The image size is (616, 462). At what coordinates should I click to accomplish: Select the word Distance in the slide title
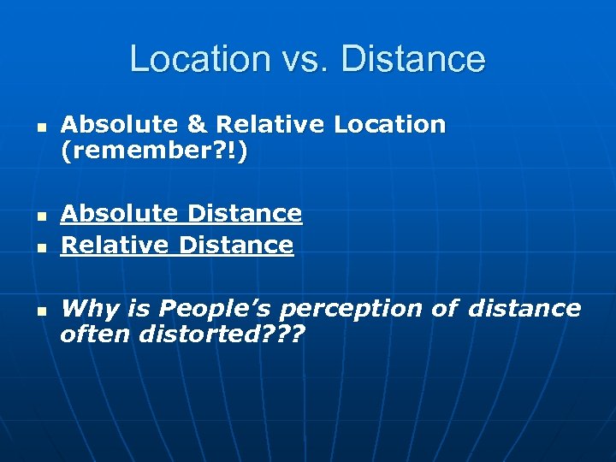point(413,60)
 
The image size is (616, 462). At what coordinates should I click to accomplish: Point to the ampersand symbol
point(197,125)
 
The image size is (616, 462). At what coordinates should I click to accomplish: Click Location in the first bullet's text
point(389,125)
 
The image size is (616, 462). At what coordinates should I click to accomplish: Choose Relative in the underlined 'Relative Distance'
point(115,246)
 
